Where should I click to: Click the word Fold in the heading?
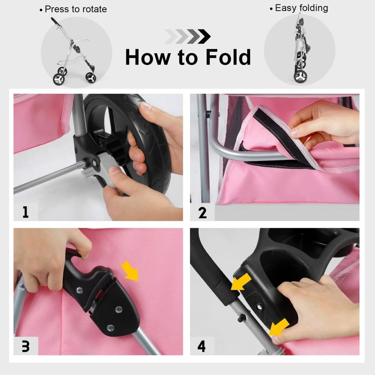(228, 57)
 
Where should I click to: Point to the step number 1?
(26, 212)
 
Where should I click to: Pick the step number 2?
(202, 213)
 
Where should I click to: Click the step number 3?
(26, 346)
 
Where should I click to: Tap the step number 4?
(202, 347)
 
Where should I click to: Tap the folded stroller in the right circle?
(300, 51)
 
